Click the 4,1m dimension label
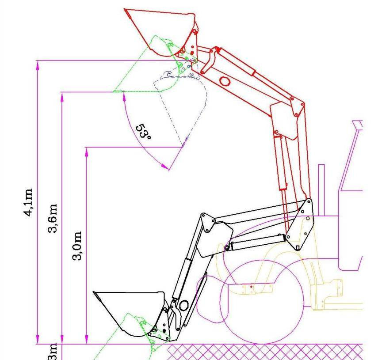click(29, 203)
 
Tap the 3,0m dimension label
click(77, 246)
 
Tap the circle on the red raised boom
click(225, 81)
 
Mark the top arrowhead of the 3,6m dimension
click(62, 96)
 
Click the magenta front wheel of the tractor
click(261, 305)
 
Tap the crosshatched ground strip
click(265, 352)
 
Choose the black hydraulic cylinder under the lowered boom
click(256, 242)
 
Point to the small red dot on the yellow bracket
click(251, 287)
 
